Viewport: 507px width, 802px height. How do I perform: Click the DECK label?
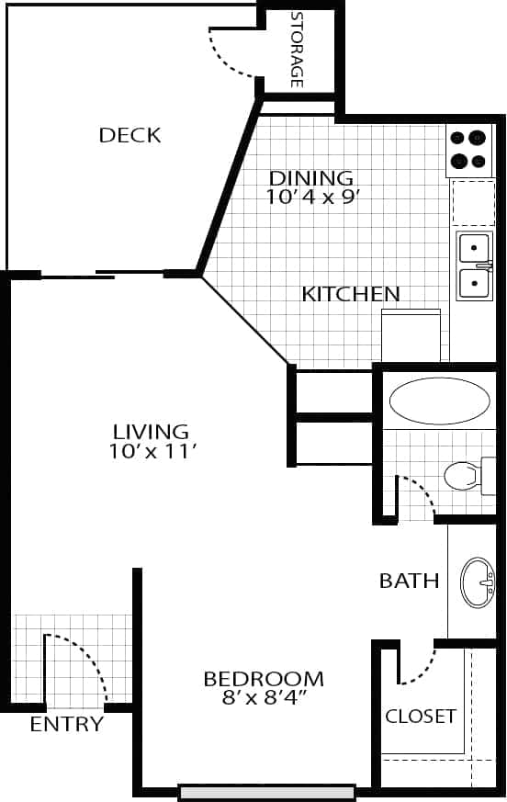[x=130, y=136]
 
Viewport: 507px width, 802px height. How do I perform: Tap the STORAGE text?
[x=297, y=50]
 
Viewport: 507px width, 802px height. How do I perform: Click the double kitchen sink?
[x=474, y=265]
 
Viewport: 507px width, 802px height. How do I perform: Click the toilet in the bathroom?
[x=466, y=475]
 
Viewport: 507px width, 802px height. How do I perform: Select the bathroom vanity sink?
[x=478, y=582]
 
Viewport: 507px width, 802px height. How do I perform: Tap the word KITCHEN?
[x=351, y=295]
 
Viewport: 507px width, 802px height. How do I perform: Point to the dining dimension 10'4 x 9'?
[x=310, y=196]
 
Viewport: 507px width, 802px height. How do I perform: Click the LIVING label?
[x=151, y=431]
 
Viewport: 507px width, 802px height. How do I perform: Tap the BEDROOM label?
[x=264, y=679]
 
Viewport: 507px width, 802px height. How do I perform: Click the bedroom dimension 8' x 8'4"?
[x=264, y=698]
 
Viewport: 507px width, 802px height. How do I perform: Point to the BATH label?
[x=410, y=581]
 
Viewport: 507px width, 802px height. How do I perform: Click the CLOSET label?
[x=421, y=716]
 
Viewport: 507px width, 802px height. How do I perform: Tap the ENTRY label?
[x=66, y=725]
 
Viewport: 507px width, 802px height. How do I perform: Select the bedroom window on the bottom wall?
[x=267, y=792]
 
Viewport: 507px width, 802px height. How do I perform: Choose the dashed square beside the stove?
[x=473, y=203]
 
